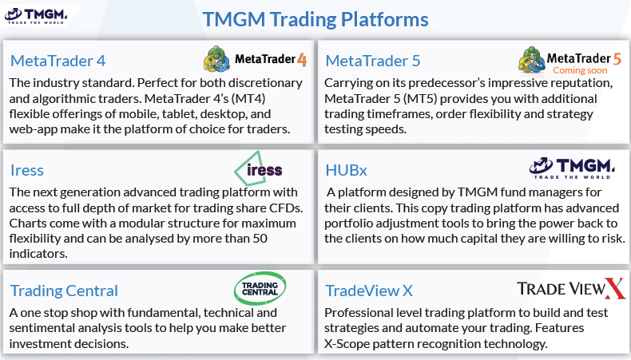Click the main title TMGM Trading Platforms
315,20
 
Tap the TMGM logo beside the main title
36,16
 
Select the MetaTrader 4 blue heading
58,61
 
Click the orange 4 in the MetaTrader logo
302,60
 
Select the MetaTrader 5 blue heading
373,61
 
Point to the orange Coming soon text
580,70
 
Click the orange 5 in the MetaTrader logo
617,59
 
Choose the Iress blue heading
27,171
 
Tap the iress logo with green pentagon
258,169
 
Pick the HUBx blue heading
346,171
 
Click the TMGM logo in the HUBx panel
572,168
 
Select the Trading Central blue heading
64,291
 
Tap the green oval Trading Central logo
260,288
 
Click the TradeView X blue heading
369,291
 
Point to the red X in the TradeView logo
616,289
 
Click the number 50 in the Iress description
260,239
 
